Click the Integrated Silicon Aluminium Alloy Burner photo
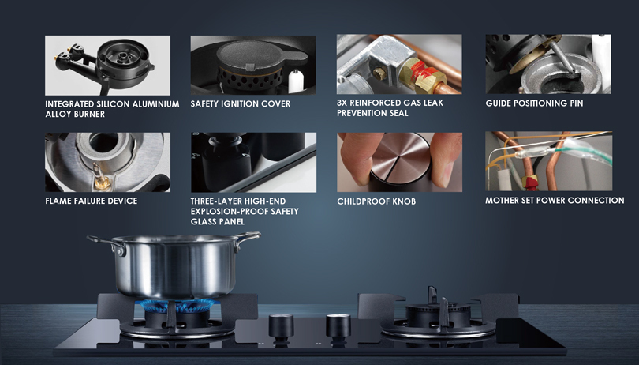coord(107,66)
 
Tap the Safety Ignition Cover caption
coord(241,104)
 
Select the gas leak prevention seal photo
coord(399,65)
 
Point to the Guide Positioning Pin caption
coord(534,103)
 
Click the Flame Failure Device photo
coord(107,162)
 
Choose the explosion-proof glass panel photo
coord(253,162)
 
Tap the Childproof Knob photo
coord(399,162)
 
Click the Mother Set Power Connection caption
coord(555,201)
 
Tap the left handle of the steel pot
coord(105,244)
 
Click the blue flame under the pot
coord(178,305)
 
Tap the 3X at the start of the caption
coord(342,103)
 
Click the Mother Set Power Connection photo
coord(548,161)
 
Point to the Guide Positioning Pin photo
coord(548,64)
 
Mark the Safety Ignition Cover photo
coord(253,65)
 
